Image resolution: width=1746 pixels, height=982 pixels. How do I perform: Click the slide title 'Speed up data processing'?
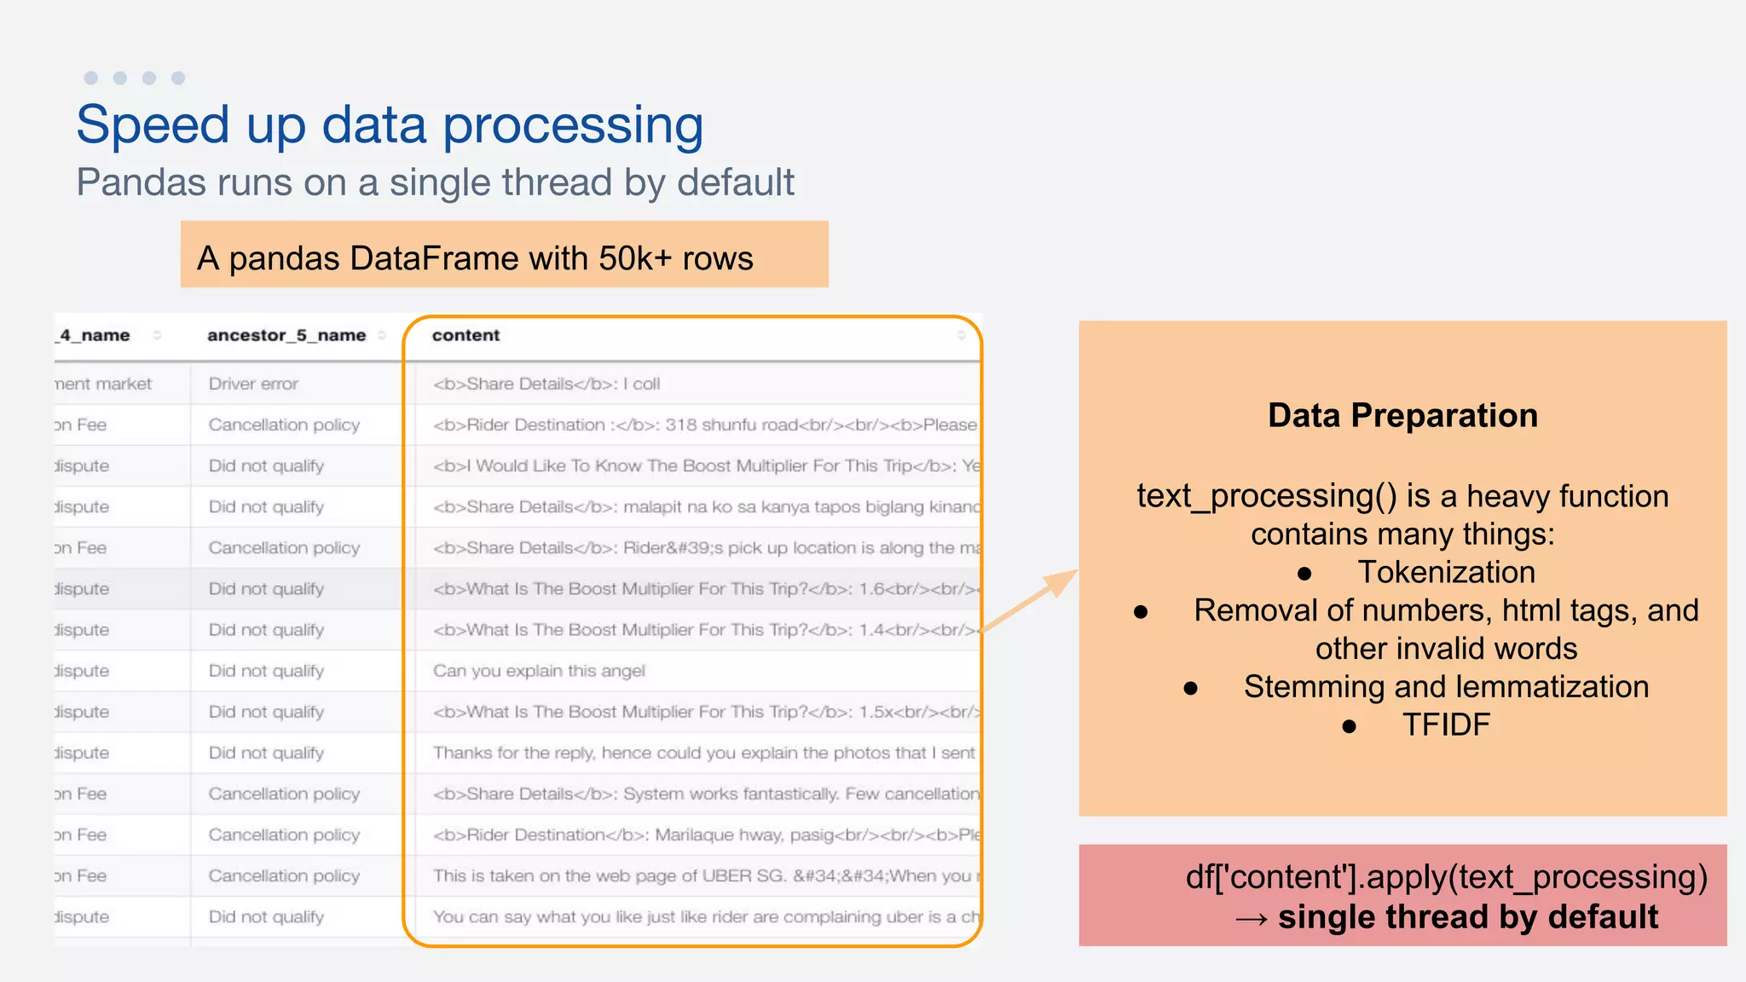390,125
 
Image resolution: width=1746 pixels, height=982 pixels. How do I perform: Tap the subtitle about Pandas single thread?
435,182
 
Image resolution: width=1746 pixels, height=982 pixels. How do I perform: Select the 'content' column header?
465,336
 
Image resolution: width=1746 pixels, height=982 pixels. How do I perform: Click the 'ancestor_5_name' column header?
286,336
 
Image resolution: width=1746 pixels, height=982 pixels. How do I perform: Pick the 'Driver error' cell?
253,384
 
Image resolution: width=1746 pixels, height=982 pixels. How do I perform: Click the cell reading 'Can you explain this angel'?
539,671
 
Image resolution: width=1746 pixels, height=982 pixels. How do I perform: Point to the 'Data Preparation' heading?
1402,416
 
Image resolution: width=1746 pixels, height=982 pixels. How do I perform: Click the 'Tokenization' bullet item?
1446,572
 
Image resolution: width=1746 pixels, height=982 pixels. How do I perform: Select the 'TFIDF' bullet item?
1446,725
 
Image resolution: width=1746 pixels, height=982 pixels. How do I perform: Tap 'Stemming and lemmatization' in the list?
1446,686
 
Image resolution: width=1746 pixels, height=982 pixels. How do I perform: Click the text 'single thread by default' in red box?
1467,917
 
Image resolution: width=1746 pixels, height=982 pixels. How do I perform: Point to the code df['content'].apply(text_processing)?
1446,877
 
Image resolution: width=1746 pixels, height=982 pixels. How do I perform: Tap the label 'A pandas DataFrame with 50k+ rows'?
475,258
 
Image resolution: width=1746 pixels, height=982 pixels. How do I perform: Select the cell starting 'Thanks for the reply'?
703,753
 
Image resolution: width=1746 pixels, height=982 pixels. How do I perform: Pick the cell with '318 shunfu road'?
704,425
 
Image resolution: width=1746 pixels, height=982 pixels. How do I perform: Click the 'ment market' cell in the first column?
103,384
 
